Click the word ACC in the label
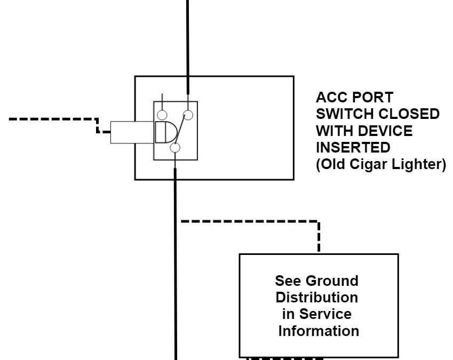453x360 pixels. [330, 98]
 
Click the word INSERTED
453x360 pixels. [352, 148]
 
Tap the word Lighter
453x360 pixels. [418, 164]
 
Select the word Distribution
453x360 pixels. [317, 297]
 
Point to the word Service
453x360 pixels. [328, 314]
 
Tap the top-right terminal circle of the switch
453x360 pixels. [188, 115]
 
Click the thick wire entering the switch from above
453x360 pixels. [187, 43]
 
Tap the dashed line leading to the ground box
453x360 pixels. [251, 220]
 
